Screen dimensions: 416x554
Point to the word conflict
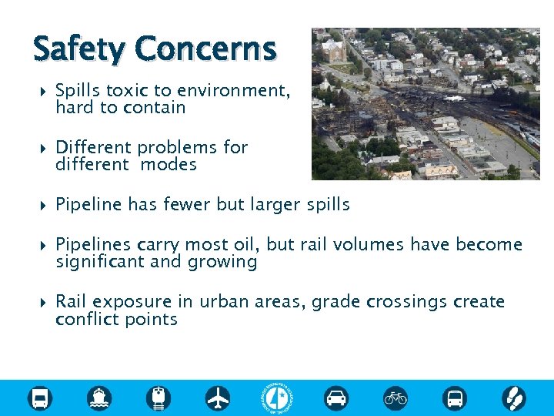click(85, 319)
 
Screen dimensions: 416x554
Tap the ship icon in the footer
click(100, 398)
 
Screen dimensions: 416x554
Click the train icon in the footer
click(159, 398)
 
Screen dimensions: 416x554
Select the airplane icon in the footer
click(219, 398)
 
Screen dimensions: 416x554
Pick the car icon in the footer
click(336, 398)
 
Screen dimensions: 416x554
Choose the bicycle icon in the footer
click(395, 398)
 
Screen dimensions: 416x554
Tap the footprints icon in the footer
click(514, 398)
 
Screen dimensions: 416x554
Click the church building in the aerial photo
click(334, 50)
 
